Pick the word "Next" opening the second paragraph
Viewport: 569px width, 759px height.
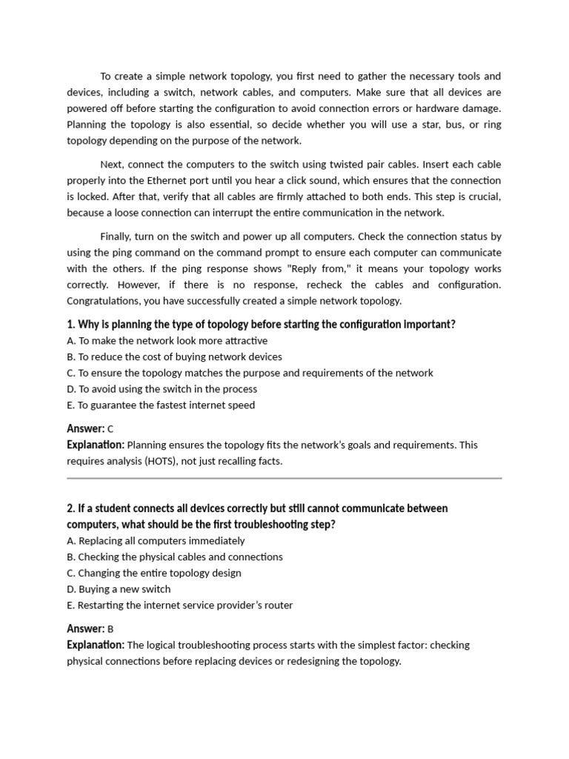[111, 164]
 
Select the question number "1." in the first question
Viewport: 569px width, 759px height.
[71, 325]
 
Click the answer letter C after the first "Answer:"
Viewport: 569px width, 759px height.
[110, 429]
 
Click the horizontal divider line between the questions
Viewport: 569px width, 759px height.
[284, 479]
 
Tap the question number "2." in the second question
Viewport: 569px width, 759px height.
[71, 508]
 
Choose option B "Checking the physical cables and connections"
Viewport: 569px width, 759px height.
[174, 557]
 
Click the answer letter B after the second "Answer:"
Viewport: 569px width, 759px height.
[110, 629]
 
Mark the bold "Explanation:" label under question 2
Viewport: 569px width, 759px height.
[96, 645]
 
